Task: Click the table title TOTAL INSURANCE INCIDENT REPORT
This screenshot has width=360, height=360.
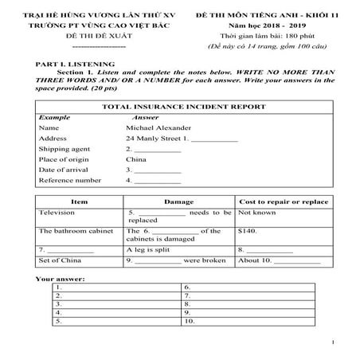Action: (179, 105)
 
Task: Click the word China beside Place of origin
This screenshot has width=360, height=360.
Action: (135, 159)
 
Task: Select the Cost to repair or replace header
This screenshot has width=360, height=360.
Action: (284, 202)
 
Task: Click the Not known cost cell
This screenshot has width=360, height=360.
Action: (256, 213)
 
